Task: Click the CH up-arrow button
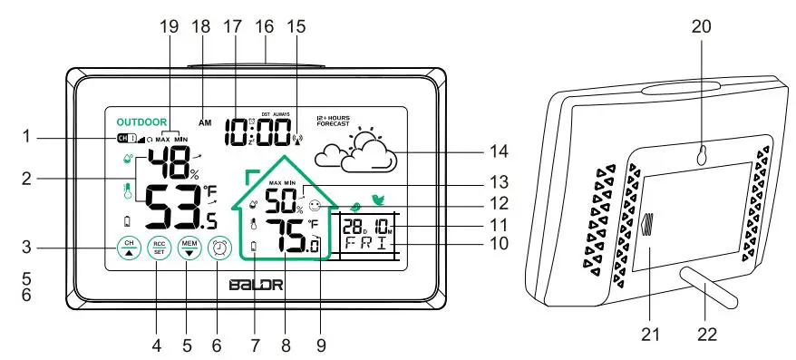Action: tap(129, 249)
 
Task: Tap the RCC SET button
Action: tap(159, 249)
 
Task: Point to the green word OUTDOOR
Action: tap(141, 122)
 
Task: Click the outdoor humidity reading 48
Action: tap(169, 162)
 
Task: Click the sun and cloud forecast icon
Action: tap(357, 151)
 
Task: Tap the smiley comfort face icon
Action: tap(315, 206)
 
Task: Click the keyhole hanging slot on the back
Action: tap(702, 156)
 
